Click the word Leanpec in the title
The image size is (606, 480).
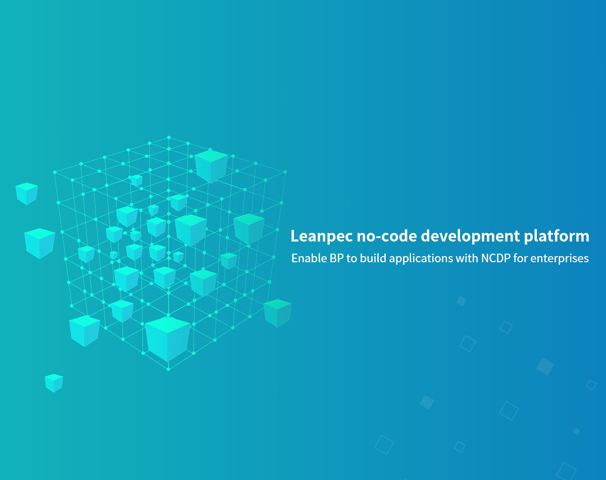click(x=321, y=236)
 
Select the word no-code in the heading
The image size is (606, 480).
click(x=387, y=235)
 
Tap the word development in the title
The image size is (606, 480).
click(x=470, y=236)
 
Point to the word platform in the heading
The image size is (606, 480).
click(x=557, y=236)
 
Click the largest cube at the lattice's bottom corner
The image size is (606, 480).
click(x=168, y=339)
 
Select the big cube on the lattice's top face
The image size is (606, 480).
click(x=211, y=166)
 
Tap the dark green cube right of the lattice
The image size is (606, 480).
click(x=277, y=313)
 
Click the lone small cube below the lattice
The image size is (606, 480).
click(x=54, y=383)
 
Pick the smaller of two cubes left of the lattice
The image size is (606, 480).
click(x=27, y=194)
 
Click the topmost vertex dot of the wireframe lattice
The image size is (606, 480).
click(x=169, y=137)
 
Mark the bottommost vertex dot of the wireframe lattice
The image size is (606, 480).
click(x=168, y=369)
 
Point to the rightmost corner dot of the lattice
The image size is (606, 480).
click(x=285, y=172)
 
